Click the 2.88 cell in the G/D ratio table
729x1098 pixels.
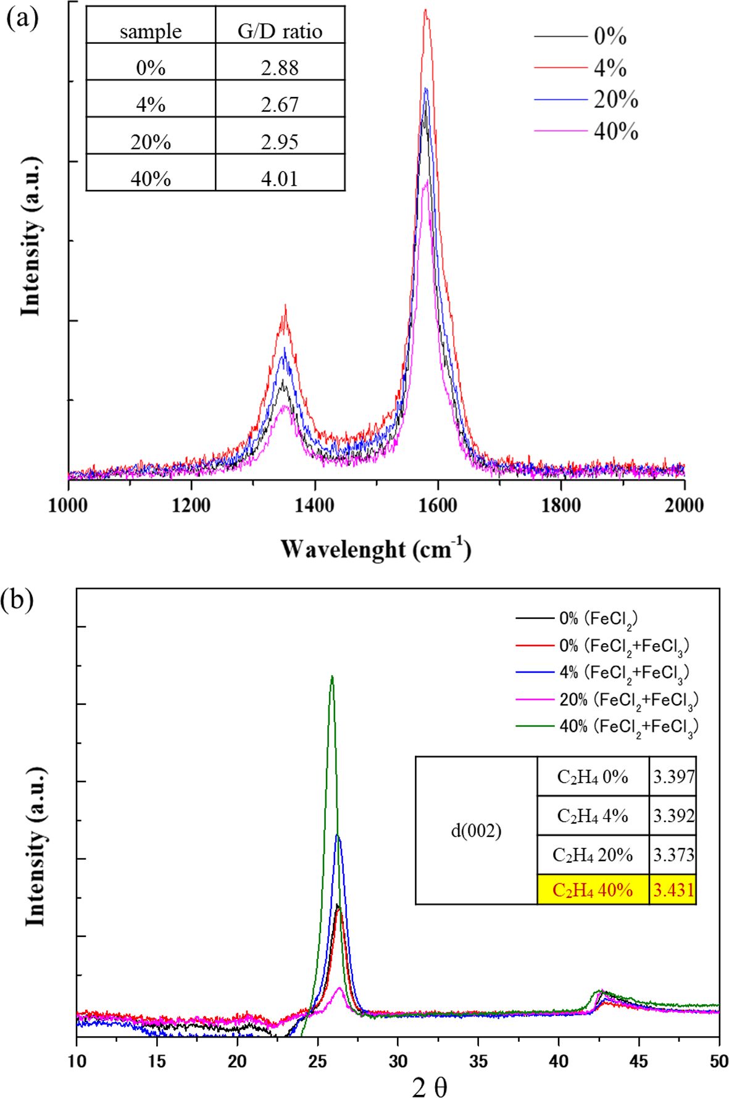[x=280, y=68]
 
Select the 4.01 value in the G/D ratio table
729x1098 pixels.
[x=280, y=179]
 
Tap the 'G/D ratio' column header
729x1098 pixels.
[x=280, y=31]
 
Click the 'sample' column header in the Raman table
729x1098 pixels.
[x=151, y=31]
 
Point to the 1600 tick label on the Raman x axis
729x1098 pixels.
[x=438, y=505]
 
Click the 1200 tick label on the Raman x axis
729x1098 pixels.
[x=191, y=505]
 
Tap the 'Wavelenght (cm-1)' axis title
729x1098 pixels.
[x=376, y=548]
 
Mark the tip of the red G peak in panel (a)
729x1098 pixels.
[x=425, y=10]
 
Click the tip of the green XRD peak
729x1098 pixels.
[x=332, y=676]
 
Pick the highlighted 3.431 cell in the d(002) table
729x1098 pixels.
[x=673, y=890]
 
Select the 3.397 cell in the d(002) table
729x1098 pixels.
[x=673, y=776]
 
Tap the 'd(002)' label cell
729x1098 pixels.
[x=476, y=831]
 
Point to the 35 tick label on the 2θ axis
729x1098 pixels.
[x=478, y=1061]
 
